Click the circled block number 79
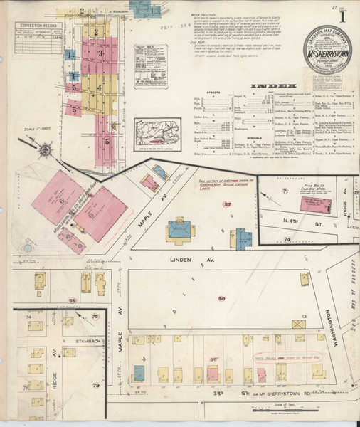(x=95, y=385)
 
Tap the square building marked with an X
(x=299, y=324)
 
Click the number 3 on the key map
(x=101, y=53)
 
